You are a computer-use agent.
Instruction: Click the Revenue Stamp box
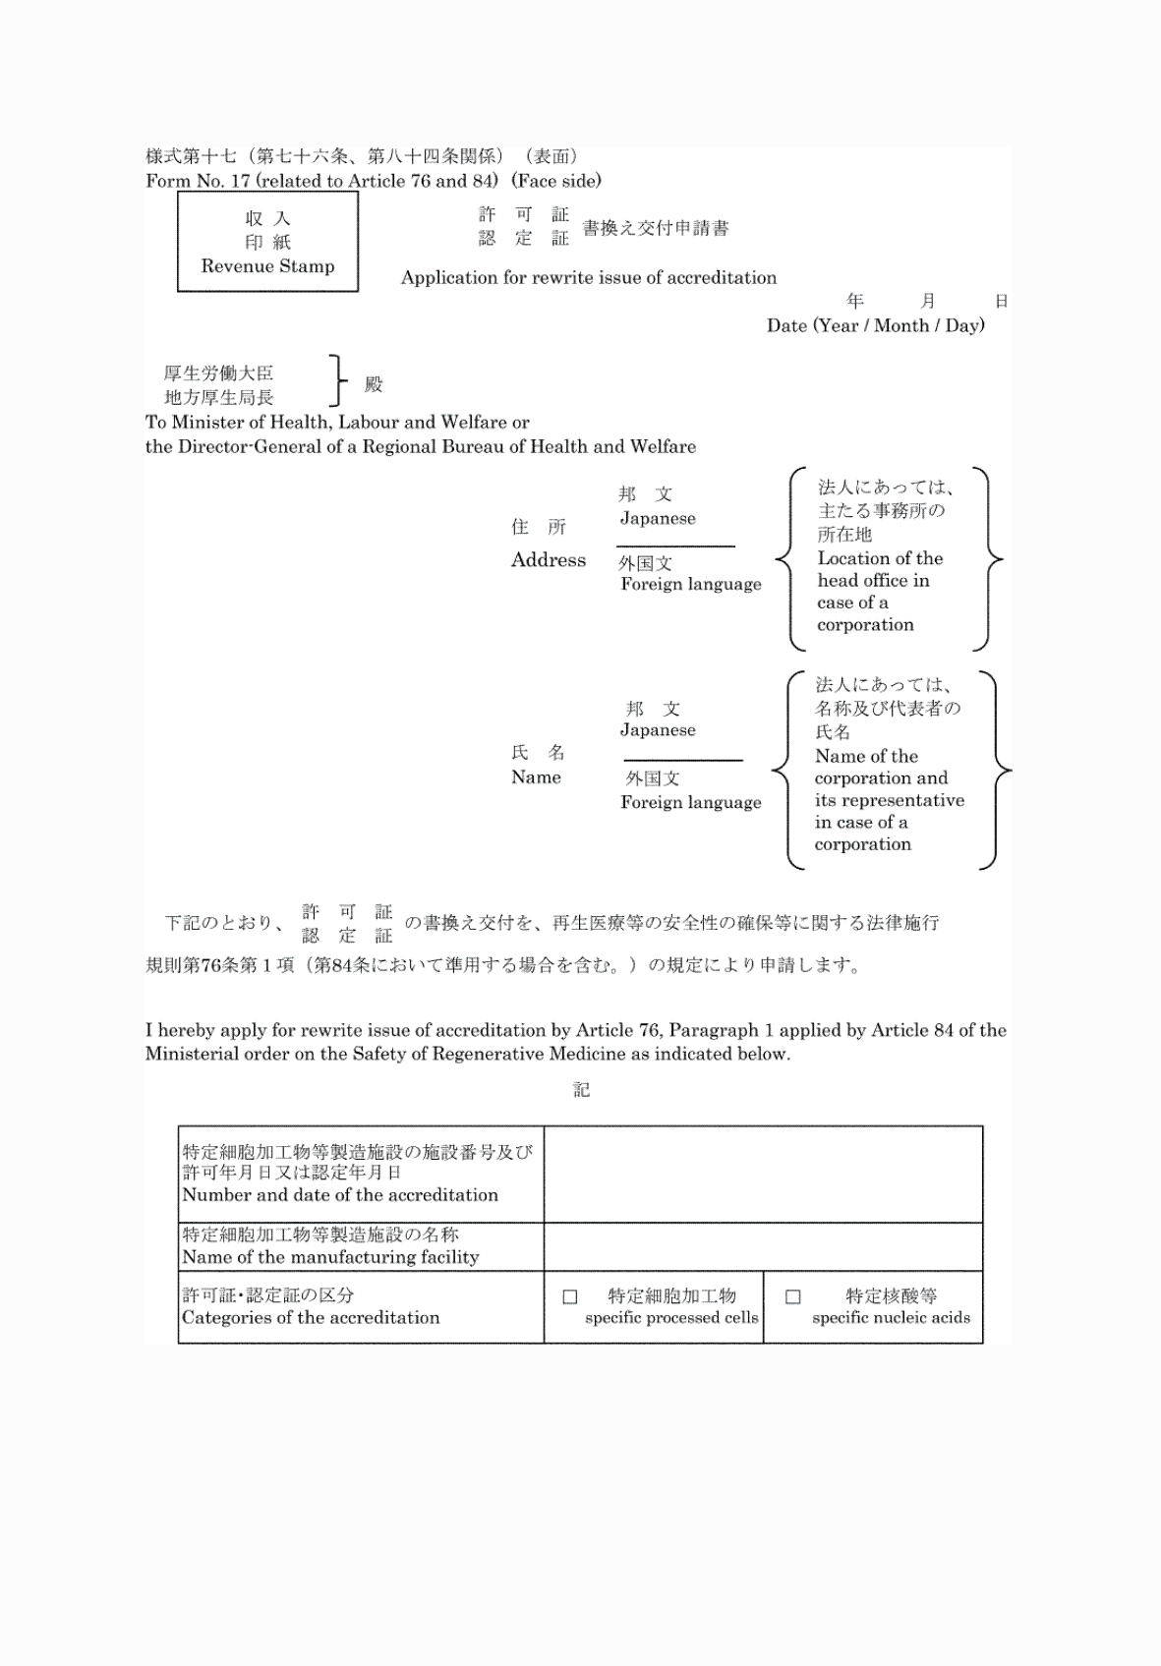(x=267, y=242)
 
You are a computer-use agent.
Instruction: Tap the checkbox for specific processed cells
(x=570, y=1297)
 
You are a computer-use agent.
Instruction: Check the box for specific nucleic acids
(x=793, y=1297)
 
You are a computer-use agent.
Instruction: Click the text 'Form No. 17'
(x=197, y=181)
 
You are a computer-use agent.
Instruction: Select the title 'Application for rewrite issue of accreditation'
(x=588, y=278)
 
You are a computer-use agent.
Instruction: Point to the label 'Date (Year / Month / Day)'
(x=875, y=326)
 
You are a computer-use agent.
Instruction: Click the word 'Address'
(x=548, y=560)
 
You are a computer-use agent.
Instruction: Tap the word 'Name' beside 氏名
(x=536, y=777)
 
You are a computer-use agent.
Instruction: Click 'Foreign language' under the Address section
(x=690, y=585)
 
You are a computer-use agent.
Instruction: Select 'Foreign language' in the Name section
(x=690, y=803)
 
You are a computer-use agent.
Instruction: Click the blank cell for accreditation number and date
(x=763, y=1175)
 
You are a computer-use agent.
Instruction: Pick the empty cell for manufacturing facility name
(x=763, y=1247)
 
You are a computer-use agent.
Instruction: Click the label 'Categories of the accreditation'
(x=311, y=1318)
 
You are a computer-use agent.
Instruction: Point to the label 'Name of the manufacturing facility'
(x=330, y=1257)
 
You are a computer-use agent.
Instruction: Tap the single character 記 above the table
(x=581, y=1090)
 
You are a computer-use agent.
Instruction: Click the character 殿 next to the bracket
(x=374, y=384)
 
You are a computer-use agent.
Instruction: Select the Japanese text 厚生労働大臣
(x=218, y=373)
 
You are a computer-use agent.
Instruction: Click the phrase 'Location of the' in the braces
(x=880, y=558)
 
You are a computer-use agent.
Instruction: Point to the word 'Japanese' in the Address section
(x=658, y=519)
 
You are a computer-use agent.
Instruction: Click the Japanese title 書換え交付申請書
(x=656, y=228)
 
